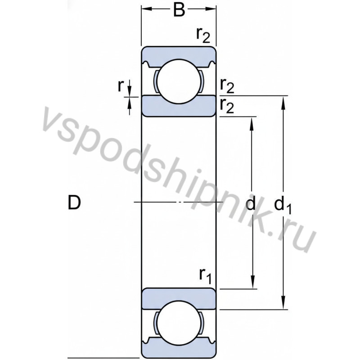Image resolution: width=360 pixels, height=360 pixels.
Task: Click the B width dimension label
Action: [179, 10]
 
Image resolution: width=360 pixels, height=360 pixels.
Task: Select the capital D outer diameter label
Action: [74, 203]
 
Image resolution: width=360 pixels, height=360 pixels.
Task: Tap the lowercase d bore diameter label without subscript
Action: [251, 205]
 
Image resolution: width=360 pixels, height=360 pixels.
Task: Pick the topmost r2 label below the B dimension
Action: [203, 35]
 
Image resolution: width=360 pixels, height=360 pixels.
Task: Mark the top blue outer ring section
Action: [179, 54]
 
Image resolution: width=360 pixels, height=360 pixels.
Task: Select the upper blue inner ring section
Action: [179, 106]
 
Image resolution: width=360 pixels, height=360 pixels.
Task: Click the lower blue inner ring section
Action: [179, 299]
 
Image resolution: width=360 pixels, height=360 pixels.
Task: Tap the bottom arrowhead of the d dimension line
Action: [253, 283]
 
